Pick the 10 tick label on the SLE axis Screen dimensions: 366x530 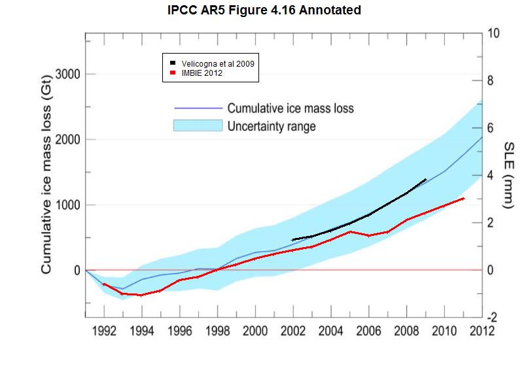495,33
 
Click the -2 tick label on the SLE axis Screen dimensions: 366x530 493,318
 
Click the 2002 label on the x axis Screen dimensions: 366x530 292,330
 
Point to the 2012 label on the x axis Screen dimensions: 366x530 481,330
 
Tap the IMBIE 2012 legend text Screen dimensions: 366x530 203,74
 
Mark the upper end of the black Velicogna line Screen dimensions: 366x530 425,179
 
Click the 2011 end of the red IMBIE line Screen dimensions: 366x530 463,198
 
